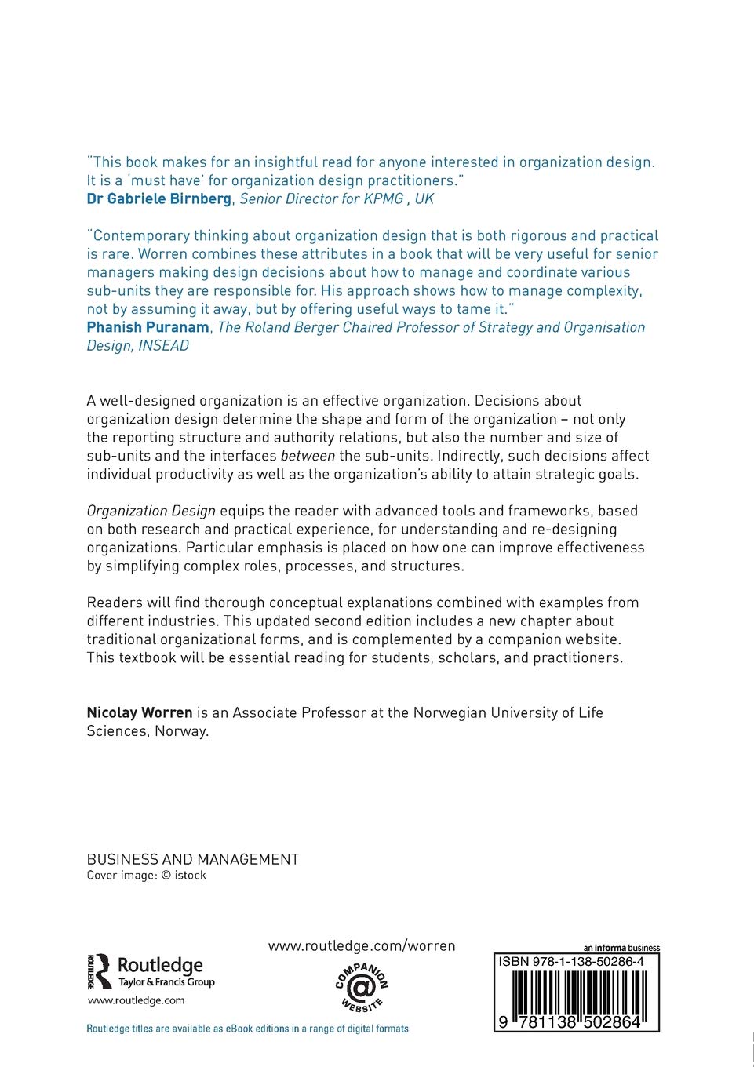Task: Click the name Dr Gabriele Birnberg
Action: [158, 199]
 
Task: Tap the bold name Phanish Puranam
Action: [148, 328]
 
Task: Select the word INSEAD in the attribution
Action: [164, 346]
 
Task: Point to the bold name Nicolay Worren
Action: [140, 713]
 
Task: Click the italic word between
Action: [308, 457]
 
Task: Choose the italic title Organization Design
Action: [151, 512]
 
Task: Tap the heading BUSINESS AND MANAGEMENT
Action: [192, 860]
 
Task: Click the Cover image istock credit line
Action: [146, 876]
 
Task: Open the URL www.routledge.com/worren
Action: [361, 946]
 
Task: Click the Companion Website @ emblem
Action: [362, 987]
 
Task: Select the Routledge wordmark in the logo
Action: [160, 966]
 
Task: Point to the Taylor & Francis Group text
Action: [166, 982]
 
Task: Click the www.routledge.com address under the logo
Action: [136, 1000]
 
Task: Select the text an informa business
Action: [621, 948]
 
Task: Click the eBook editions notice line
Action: [247, 1029]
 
